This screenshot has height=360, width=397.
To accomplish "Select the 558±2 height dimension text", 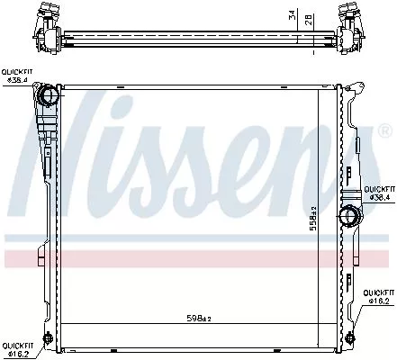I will [x=313, y=219].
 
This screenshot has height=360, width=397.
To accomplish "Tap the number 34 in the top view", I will [x=292, y=15].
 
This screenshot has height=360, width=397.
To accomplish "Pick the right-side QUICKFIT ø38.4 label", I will [x=379, y=193].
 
